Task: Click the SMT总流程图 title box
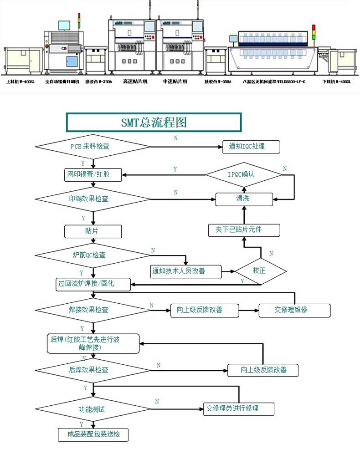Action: pos(154,122)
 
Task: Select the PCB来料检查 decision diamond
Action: pos(93,147)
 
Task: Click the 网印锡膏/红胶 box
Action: pos(93,174)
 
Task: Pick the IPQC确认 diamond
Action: pos(244,174)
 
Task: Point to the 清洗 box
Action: pos(244,199)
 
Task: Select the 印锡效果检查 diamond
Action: pos(93,199)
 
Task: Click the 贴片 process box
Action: pos(93,231)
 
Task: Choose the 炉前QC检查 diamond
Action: pos(93,255)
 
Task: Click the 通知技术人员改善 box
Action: pos(186,271)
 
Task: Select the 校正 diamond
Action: pos(260,271)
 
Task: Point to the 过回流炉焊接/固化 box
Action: pos(93,284)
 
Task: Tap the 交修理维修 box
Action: pos(294,310)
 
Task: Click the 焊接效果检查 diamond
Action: pos(93,310)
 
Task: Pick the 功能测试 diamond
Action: pos(93,409)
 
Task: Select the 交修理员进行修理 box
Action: pos(239,408)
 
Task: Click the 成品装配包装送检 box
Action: pos(93,434)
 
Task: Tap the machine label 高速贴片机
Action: pos(135,82)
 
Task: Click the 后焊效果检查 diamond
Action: pos(93,370)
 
